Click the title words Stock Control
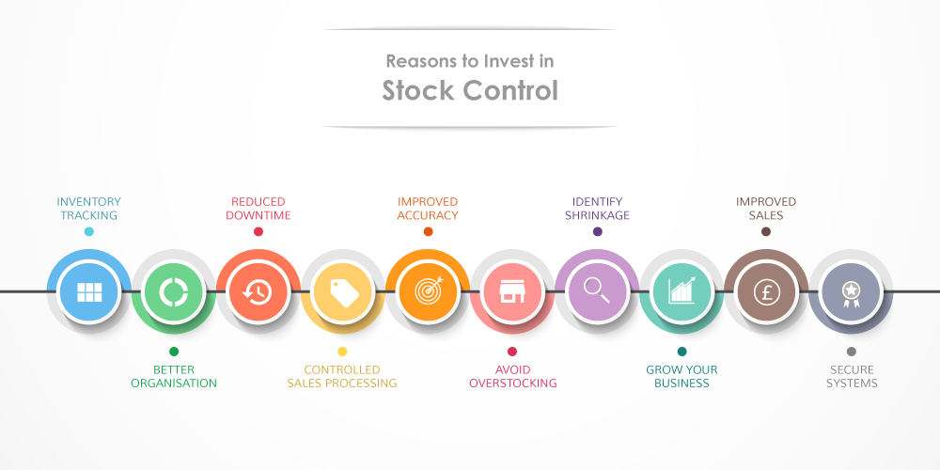(470, 90)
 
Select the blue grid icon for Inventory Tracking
(89, 292)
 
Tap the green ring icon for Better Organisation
(174, 292)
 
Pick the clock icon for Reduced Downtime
(258, 292)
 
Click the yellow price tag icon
(343, 292)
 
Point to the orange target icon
(429, 291)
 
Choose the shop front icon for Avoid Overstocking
(512, 292)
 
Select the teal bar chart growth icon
(682, 290)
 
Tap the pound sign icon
(766, 292)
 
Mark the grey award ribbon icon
(851, 293)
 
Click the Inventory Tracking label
(89, 208)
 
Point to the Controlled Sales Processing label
(342, 377)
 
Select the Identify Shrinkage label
(597, 208)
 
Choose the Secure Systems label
(852, 377)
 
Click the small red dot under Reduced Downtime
(258, 231)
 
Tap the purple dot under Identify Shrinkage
(597, 231)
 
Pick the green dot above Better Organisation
(174, 352)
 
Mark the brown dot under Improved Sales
(766, 231)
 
